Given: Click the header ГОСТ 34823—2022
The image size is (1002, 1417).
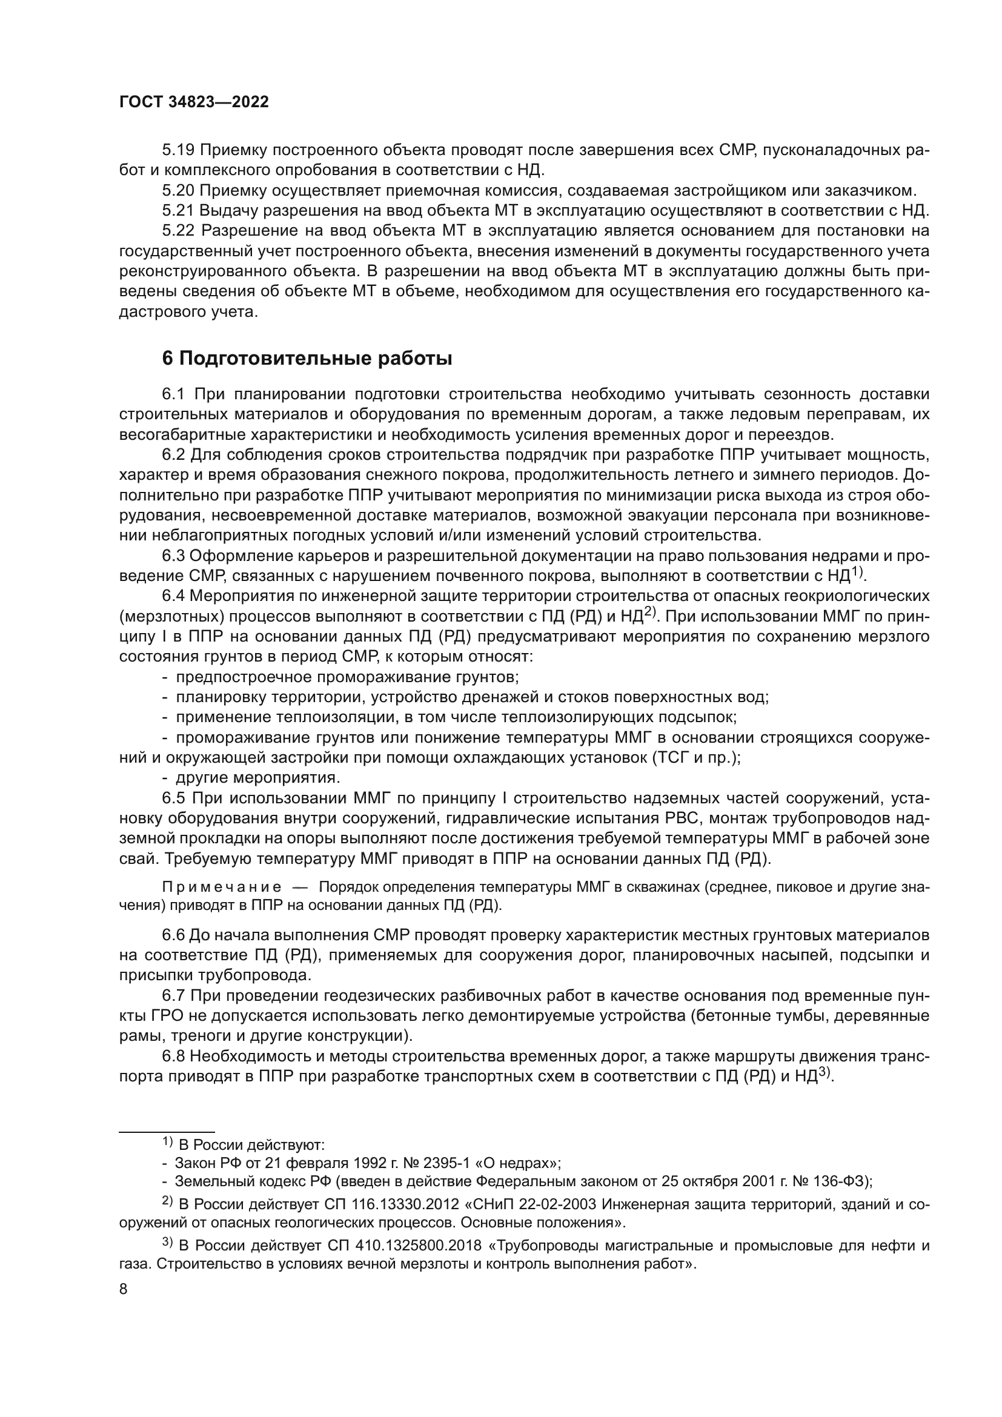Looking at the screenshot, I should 194,102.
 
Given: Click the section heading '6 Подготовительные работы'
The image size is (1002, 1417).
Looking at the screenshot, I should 307,359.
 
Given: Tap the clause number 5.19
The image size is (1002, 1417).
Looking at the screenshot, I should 178,150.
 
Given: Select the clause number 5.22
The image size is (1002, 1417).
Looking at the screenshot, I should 178,231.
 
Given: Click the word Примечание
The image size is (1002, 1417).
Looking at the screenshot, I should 222,888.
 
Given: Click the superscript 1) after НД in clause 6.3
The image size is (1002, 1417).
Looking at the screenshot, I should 858,572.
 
